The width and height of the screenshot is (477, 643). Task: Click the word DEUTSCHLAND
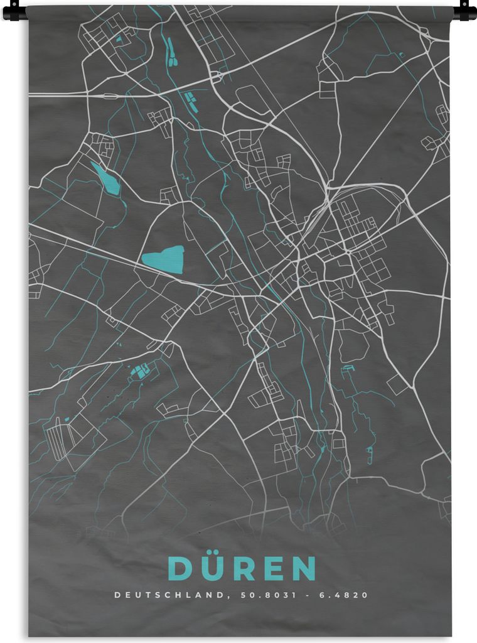[168, 595]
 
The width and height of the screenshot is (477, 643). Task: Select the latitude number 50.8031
[257, 595]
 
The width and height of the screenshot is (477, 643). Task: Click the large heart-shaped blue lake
[164, 259]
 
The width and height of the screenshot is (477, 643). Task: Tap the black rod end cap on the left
[14, 9]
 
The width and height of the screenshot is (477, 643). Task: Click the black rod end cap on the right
[465, 9]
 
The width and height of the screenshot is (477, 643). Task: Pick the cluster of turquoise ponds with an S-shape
[139, 371]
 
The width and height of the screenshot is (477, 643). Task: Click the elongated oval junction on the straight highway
[109, 96]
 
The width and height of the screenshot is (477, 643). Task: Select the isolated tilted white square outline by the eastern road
[397, 384]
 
